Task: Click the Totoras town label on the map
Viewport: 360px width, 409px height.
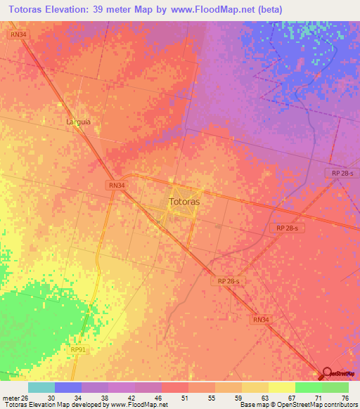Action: coord(185,202)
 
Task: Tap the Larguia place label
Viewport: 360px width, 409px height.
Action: coord(79,122)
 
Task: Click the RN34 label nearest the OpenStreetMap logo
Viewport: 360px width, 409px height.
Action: coord(261,319)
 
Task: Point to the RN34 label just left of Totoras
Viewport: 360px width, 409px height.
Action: coord(117,186)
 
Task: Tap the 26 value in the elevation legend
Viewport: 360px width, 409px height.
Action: coord(27,398)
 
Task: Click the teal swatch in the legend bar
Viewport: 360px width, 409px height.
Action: coord(41,387)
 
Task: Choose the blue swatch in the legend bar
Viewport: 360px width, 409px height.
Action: coord(68,387)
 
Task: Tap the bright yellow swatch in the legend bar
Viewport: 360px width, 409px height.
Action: coord(281,387)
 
